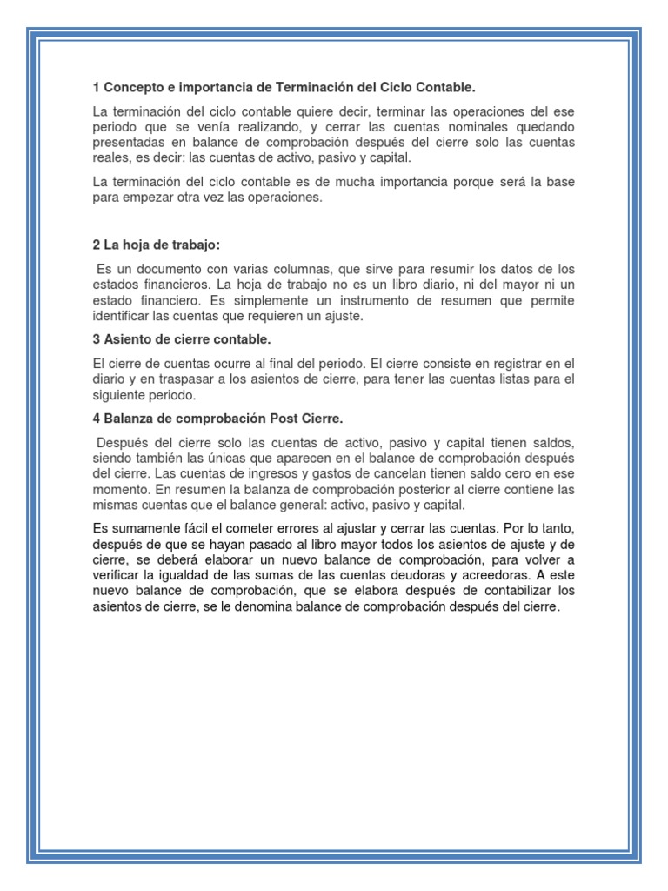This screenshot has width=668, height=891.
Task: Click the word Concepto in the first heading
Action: [132, 88]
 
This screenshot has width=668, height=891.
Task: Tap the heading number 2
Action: [96, 245]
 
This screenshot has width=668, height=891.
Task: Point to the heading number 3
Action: [96, 338]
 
